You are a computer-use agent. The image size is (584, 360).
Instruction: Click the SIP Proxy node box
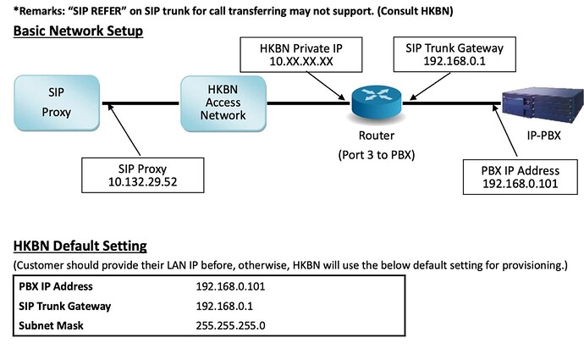point(57,102)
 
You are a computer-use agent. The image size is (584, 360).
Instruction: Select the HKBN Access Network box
point(223,103)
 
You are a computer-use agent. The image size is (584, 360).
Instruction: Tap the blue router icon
point(377,102)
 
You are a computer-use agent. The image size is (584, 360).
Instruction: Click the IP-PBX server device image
point(543,105)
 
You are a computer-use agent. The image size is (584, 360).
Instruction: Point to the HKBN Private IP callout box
point(301,54)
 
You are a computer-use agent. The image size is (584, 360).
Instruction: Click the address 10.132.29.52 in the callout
point(143,182)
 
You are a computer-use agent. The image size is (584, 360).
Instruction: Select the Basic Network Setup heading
point(78,30)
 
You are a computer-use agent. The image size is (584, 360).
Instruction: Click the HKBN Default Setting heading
point(80,246)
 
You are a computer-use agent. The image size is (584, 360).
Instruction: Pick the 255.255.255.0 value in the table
point(230,326)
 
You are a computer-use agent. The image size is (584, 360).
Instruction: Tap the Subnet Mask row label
point(51,326)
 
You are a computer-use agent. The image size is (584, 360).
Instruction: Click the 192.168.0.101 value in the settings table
point(230,286)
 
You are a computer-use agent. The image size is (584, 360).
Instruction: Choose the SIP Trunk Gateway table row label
point(65,307)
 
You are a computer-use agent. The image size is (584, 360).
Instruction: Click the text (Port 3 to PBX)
point(377,155)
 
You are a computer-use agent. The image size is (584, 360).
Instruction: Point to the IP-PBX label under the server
point(543,136)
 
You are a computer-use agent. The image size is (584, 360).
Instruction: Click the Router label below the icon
point(377,136)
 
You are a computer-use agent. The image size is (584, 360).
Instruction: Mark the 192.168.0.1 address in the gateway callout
point(455,61)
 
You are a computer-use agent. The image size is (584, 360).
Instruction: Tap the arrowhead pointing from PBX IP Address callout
point(495,108)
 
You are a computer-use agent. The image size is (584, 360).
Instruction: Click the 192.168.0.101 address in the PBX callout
point(521,183)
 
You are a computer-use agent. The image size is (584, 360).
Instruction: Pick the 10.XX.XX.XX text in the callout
point(301,61)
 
